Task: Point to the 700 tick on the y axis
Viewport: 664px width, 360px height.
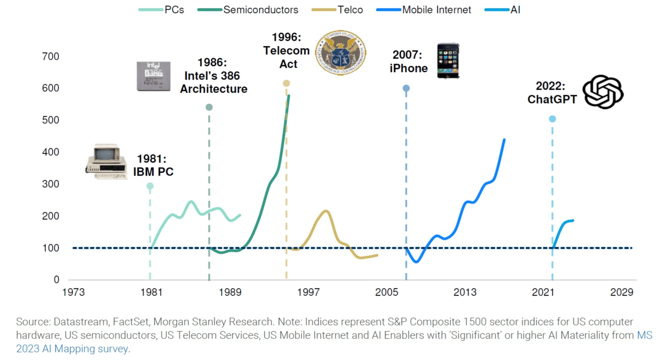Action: click(51, 56)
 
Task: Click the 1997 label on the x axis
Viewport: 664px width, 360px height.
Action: click(308, 292)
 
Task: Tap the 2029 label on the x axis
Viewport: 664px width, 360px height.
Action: click(621, 292)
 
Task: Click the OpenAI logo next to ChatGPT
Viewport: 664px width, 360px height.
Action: click(603, 92)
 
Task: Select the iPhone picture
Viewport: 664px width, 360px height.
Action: click(448, 61)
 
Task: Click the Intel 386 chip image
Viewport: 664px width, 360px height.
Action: click(153, 76)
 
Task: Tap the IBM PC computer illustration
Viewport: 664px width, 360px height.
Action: click(107, 162)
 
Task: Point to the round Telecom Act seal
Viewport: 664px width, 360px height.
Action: click(340, 53)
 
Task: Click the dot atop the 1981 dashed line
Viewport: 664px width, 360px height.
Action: click(150, 186)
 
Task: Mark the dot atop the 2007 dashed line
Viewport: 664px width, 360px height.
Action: click(406, 88)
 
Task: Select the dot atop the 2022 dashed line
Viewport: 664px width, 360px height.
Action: click(552, 119)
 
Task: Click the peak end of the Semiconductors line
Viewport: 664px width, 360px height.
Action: click(289, 96)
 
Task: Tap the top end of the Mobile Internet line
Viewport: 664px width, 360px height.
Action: click(504, 140)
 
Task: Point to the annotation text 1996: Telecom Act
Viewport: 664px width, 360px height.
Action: click(286, 51)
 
